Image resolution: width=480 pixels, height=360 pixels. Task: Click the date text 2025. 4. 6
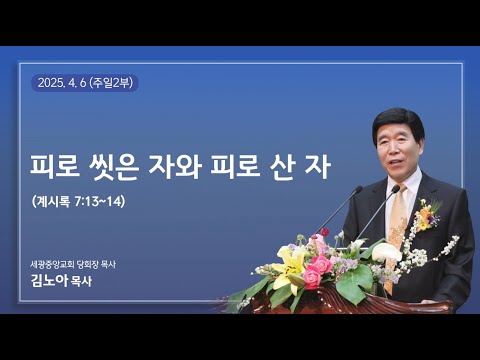click(64, 83)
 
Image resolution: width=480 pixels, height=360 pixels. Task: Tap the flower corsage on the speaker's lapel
click(428, 213)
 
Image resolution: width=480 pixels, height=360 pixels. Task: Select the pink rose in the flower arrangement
click(314, 275)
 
